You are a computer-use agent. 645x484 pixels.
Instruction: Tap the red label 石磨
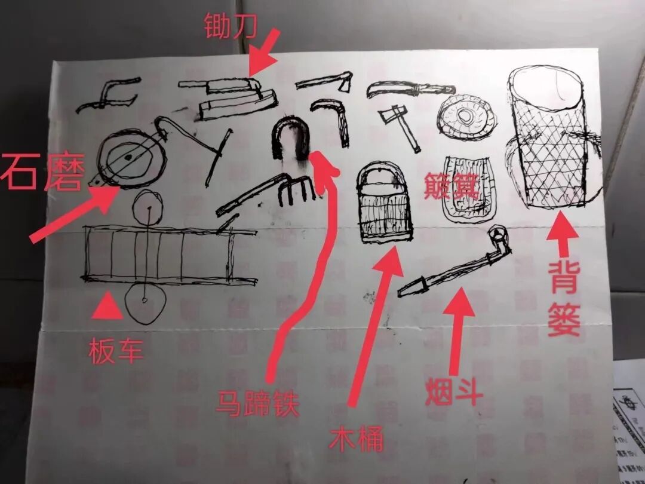tap(42, 171)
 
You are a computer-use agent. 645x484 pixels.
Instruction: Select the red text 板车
tap(116, 351)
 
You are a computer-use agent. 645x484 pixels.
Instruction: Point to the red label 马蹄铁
tap(258, 405)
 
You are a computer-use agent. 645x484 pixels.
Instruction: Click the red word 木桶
tap(357, 440)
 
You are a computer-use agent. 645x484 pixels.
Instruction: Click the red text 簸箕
tap(451, 186)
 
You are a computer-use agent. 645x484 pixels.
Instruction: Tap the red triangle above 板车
tap(107, 306)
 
